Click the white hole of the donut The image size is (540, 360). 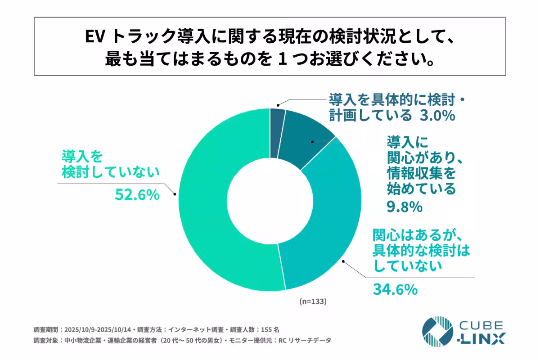pyautogui.click(x=270, y=199)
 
